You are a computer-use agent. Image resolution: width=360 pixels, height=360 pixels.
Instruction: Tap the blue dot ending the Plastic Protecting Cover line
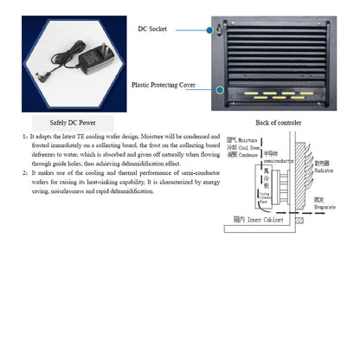[222, 88]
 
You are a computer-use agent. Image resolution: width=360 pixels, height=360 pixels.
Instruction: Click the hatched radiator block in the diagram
[300, 177]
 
